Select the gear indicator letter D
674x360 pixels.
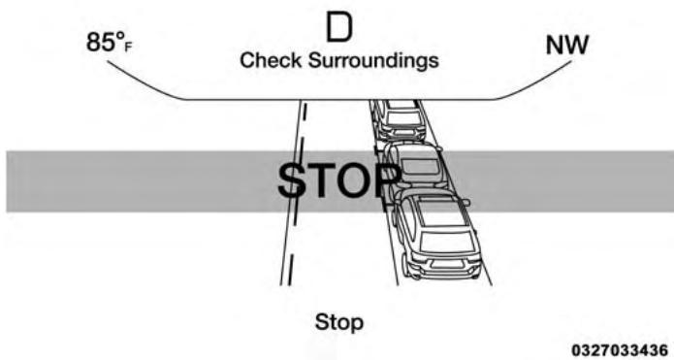[x=338, y=28]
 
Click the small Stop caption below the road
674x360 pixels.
[x=337, y=321]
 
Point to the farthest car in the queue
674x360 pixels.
[x=398, y=118]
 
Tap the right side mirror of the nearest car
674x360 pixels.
[x=466, y=202]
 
